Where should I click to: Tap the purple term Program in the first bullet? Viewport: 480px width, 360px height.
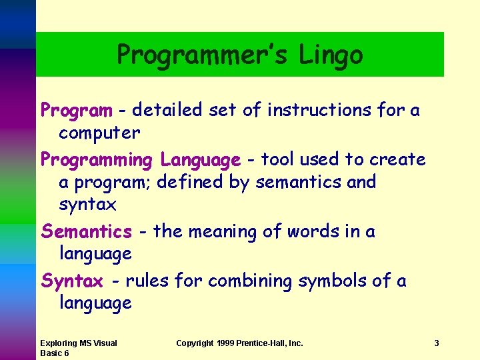[77, 110]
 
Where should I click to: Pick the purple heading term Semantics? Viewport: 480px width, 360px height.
[87, 232]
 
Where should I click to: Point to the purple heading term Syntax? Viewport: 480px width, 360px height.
[72, 281]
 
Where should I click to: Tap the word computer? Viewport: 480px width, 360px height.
[99, 133]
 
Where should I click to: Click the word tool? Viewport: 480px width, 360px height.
[277, 160]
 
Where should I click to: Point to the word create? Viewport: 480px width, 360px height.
[397, 160]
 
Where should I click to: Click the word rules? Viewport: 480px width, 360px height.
[147, 281]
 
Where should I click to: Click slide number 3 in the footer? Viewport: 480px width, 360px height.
[436, 343]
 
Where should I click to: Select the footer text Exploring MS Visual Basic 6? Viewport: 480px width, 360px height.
[78, 348]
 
